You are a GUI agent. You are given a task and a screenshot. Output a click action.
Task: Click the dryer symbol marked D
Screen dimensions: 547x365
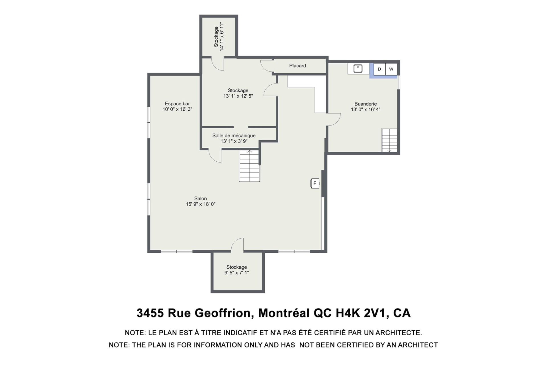(379, 69)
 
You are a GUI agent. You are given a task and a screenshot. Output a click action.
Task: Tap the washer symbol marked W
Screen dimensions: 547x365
(391, 69)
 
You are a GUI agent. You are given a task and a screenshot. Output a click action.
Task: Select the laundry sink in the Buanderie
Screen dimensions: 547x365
(358, 69)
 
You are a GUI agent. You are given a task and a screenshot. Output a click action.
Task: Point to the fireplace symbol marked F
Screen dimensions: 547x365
(315, 183)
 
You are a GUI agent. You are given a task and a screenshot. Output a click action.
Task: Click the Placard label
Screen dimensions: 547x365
(297, 66)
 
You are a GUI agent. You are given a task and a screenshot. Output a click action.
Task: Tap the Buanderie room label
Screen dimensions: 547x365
(366, 104)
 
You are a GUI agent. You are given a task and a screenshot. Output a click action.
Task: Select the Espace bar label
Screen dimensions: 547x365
(177, 104)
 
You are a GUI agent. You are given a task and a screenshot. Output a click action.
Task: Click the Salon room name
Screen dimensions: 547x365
(201, 198)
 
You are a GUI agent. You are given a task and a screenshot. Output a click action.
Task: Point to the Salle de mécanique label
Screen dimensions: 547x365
(234, 135)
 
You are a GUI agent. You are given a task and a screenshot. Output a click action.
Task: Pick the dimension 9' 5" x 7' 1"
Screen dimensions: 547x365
(236, 273)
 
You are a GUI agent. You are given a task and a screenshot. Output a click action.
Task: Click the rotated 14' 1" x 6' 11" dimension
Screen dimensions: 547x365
(222, 37)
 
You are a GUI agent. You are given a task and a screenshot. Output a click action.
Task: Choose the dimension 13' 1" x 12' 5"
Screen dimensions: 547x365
(238, 96)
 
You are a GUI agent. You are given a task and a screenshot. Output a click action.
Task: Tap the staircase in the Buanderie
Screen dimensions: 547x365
(389, 140)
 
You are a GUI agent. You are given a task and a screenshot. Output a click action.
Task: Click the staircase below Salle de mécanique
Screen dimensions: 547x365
(250, 166)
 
